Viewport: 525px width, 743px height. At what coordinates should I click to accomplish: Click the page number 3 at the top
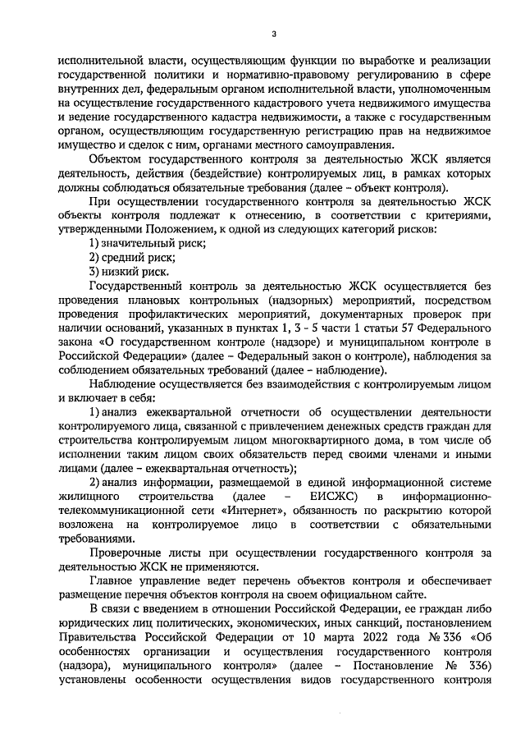coord(274,34)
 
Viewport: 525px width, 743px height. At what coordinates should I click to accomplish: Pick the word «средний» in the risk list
coord(123,259)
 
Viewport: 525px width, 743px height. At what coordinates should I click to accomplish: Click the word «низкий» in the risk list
coord(120,273)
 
